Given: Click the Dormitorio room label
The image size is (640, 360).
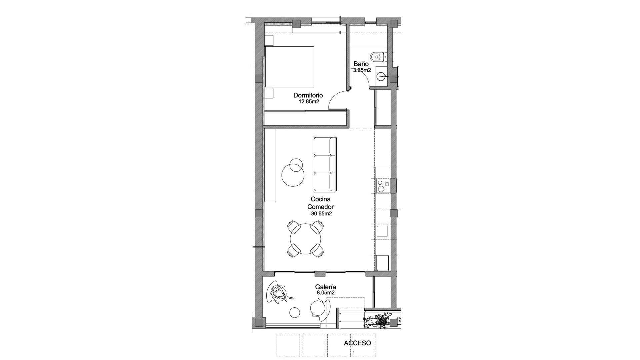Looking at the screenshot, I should (308, 95).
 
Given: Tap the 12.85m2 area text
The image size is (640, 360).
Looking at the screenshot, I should (309, 102).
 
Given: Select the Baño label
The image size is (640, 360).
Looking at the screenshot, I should (361, 64).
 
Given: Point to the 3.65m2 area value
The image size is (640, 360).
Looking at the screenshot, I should (362, 70).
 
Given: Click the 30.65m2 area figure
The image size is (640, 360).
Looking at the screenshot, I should (321, 214).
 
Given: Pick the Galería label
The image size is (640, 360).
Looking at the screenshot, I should (325, 287).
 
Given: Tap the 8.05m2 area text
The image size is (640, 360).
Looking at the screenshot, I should (325, 293).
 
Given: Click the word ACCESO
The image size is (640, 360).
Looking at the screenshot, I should (357, 343).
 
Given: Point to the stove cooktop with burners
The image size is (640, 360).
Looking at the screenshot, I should (382, 186).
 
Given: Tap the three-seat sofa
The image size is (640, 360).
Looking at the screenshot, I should (325, 164).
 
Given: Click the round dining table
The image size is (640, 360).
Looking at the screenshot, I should (306, 239).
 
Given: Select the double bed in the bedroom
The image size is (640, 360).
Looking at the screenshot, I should (289, 67).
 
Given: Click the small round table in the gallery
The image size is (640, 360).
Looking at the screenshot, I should (295, 312).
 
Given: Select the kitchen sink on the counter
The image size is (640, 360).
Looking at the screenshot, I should (382, 231).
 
